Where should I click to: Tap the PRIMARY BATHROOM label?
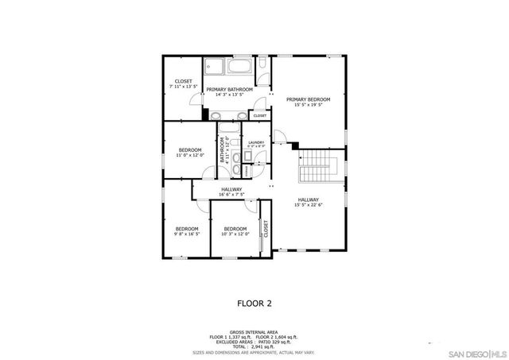[230, 89]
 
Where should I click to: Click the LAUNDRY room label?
[256, 143]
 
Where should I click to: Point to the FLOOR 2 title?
[254, 303]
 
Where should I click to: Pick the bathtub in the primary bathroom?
[242, 67]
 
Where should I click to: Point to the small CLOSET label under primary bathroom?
[259, 116]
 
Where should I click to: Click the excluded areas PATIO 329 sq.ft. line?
[254, 342]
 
